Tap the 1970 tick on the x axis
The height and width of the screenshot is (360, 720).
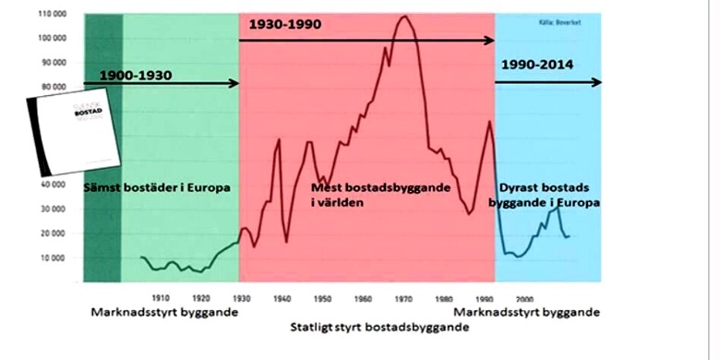coord(404,298)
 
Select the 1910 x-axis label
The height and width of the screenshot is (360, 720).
coord(161,298)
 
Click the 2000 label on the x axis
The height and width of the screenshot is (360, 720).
coord(526,298)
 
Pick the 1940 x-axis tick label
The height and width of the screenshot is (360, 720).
coord(282,298)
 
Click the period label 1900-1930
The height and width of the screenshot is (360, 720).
coord(135,73)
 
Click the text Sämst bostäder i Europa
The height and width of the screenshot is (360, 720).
coord(156,187)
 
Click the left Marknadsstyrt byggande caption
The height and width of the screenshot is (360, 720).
coord(163,312)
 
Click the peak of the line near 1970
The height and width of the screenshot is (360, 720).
coord(403,17)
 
